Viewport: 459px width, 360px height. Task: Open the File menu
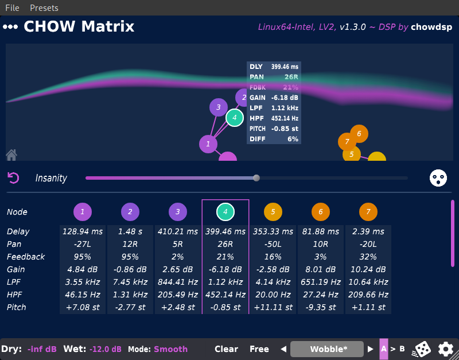coord(12,8)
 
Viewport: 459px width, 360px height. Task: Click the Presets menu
coord(44,8)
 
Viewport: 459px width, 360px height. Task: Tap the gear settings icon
coord(445,349)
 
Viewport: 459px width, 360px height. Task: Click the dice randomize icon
coord(422,349)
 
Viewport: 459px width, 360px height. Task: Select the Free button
coord(259,349)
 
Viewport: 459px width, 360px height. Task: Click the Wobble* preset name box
coord(327,349)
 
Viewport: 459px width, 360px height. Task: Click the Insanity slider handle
coord(256,178)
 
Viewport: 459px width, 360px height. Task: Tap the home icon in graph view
coord(11,154)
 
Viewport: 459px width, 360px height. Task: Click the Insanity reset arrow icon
coord(14,178)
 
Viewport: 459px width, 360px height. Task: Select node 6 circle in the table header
coord(321,212)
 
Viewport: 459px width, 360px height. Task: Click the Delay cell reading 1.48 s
coord(130,231)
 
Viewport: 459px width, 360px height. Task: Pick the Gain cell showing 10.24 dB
coord(368,269)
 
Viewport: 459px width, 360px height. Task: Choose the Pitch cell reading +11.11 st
coord(273,307)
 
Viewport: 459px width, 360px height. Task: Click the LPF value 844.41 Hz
coord(178,282)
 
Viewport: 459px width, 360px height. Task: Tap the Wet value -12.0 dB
coord(106,349)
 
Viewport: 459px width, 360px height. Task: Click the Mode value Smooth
coord(171,349)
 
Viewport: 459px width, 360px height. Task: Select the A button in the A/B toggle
coord(384,349)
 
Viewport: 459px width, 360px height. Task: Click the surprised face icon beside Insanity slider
coord(438,178)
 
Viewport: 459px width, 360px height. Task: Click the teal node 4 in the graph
coord(234,118)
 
